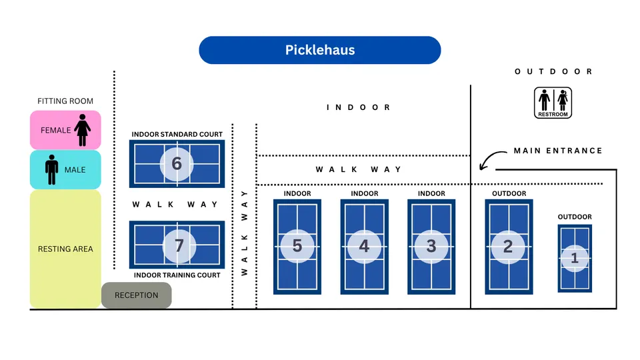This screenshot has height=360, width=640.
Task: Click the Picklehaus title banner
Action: (x=320, y=50)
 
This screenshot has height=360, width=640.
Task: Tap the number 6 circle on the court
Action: (x=177, y=163)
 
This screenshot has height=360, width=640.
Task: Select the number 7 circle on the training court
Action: (x=179, y=245)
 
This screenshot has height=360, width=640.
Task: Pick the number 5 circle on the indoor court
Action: (x=297, y=246)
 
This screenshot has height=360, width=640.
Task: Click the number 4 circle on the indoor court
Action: (x=364, y=246)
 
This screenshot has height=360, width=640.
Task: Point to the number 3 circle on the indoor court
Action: (x=431, y=246)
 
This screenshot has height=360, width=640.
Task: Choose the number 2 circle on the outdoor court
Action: (x=508, y=246)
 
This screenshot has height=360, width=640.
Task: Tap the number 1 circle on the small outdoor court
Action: (x=575, y=258)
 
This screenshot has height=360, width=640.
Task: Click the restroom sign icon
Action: (x=553, y=103)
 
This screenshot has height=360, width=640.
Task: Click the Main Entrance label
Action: (x=557, y=151)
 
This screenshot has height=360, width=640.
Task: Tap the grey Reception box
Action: (x=136, y=295)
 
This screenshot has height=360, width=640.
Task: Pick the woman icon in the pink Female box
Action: (x=83, y=130)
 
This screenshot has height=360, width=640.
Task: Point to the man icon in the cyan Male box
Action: (x=52, y=169)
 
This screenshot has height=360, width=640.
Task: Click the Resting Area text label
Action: (x=65, y=249)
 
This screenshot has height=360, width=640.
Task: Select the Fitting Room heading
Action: (x=65, y=101)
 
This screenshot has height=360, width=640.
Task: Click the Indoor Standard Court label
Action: (x=177, y=135)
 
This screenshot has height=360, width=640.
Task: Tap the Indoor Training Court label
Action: (x=177, y=275)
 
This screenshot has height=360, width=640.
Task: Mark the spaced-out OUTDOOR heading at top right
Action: (x=553, y=71)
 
